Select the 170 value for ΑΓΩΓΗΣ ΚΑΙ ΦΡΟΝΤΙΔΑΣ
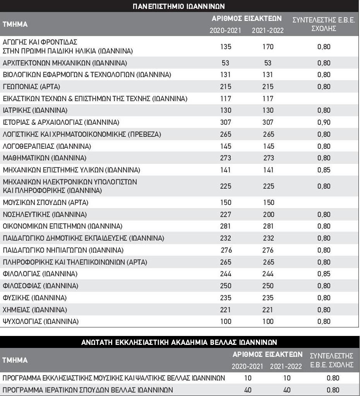point(267,47)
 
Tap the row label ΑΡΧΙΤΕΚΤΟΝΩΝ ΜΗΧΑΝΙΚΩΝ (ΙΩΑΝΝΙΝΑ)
point(65,63)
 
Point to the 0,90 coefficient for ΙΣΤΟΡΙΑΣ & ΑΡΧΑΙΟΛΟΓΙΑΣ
point(324,122)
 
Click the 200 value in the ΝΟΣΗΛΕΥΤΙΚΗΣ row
point(267,214)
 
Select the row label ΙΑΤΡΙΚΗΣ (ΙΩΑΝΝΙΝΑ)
point(35,110)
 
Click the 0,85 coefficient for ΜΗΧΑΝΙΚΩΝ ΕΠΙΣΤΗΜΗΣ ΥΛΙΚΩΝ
point(324,170)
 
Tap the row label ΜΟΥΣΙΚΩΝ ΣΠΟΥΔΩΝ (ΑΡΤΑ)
point(46,203)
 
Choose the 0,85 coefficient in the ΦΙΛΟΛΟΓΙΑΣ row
point(324,274)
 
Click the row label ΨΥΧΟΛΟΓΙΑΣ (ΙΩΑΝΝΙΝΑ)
point(41,322)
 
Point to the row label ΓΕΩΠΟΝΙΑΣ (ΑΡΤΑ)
point(31,86)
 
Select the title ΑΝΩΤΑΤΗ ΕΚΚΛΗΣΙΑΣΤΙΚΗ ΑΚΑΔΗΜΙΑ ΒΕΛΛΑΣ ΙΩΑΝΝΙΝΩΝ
point(179,343)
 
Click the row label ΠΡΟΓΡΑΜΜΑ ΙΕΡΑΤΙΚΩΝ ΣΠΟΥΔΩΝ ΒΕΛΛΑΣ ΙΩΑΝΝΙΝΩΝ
point(88,390)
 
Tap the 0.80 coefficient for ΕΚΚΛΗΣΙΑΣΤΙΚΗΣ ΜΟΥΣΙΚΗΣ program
point(333,378)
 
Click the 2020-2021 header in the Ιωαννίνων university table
point(225,31)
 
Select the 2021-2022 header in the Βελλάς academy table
point(286,366)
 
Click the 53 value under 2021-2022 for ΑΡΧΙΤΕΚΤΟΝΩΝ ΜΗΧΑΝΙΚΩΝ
point(267,63)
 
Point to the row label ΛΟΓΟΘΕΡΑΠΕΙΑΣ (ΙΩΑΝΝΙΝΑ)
point(47,146)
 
